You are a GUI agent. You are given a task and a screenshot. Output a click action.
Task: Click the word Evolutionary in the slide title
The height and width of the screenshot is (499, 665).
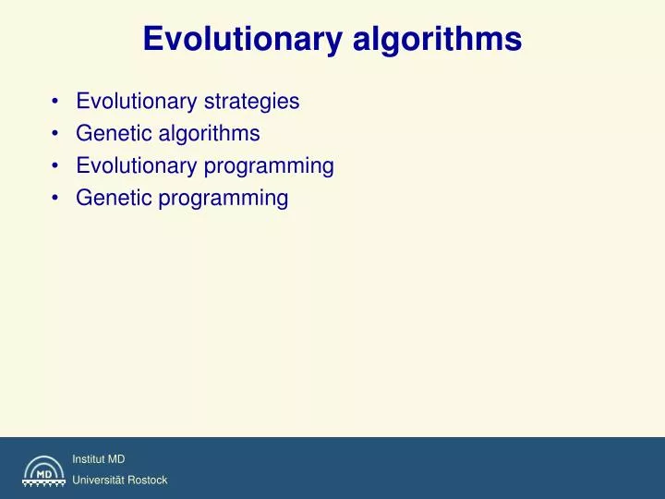(242, 39)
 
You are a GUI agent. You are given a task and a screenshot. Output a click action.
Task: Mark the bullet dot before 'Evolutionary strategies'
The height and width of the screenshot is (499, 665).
(57, 102)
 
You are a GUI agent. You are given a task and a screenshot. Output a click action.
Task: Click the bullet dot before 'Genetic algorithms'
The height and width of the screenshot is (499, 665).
(57, 134)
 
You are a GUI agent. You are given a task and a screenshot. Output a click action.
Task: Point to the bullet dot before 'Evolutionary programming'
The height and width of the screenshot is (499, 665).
(57, 166)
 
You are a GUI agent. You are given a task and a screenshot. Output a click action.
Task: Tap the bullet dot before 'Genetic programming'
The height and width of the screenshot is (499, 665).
(57, 198)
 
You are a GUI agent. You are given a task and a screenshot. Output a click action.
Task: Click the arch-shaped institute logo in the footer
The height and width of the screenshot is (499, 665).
(43, 470)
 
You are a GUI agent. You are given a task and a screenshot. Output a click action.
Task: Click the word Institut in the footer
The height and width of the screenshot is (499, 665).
(89, 459)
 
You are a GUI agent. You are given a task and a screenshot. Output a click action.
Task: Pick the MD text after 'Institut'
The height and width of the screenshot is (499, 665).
(116, 459)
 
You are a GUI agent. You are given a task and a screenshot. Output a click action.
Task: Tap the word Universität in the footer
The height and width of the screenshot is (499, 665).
(100, 481)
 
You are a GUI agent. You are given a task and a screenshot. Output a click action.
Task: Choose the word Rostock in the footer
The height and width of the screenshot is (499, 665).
(149, 481)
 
